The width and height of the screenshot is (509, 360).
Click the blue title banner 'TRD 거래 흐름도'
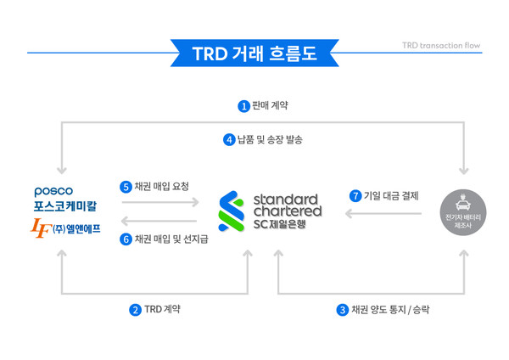pos(255,53)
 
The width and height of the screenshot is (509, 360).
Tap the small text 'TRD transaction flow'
pos(441,44)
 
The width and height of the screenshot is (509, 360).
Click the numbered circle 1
pos(243,106)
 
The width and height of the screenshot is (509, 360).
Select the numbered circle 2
pos(135,310)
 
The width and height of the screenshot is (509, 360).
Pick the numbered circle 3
pos(342,310)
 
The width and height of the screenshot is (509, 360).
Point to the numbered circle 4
pos(229,139)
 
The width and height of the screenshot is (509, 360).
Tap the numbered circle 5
pos(126,187)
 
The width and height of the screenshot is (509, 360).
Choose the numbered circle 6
pos(126,239)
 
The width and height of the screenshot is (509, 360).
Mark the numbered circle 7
pos(355,196)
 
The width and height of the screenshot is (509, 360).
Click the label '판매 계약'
pos(271,106)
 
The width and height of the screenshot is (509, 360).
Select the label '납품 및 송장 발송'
pos(270,139)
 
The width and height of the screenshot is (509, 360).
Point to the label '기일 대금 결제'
pos(391,196)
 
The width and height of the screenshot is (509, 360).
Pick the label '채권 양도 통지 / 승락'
pos(390,310)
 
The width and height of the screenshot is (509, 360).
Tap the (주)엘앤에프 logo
pos(65,228)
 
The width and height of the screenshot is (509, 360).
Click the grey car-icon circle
pos(464,212)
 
